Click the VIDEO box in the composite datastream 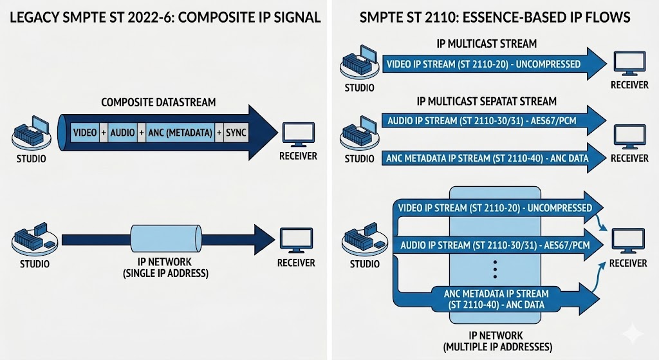[86, 133]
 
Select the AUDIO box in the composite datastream [122, 133]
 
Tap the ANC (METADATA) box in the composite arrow [180, 133]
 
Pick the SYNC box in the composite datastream [236, 133]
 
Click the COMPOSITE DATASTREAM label [158, 102]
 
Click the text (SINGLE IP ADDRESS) [165, 273]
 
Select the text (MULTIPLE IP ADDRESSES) [497, 347]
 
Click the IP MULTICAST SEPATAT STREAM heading [487, 101]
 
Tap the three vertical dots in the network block [496, 269]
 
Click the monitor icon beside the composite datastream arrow [299, 135]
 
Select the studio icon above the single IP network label [35, 239]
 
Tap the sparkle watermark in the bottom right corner [633, 334]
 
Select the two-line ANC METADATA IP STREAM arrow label [496, 299]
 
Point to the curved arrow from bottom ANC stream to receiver [600, 278]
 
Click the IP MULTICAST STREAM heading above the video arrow [487, 44]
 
